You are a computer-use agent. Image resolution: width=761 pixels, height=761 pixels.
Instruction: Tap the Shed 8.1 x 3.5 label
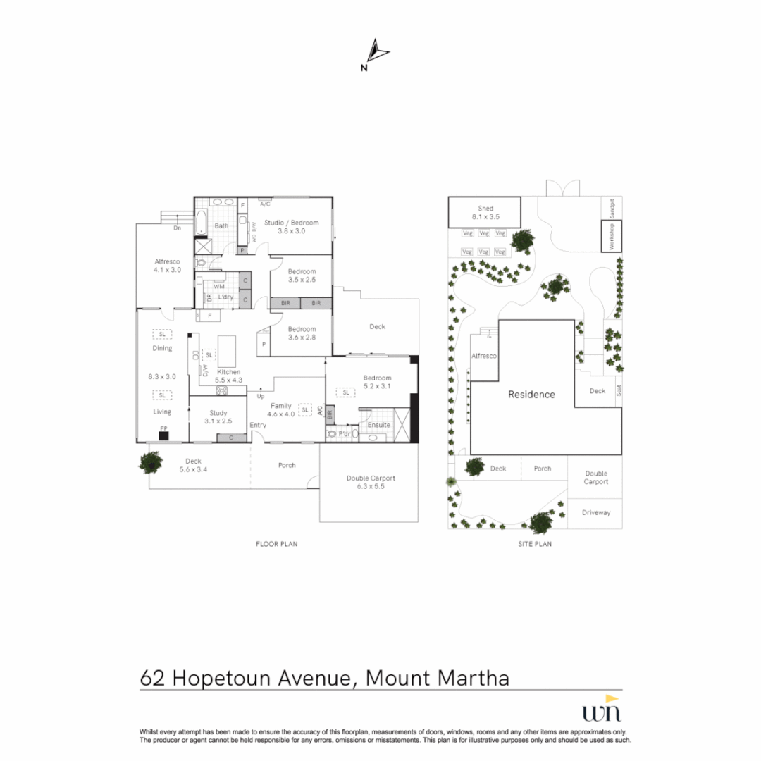[x=485, y=213]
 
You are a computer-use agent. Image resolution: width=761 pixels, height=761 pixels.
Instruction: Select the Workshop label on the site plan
[x=612, y=236]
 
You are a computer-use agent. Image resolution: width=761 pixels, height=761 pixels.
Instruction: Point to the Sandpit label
[x=612, y=207]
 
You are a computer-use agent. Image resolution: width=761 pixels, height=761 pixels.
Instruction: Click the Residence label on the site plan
[x=531, y=395]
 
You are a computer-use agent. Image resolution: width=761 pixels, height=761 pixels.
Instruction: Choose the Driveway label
[x=596, y=513]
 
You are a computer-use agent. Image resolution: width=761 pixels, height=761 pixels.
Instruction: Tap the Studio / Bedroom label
[x=291, y=226]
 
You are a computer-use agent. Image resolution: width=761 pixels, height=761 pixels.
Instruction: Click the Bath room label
[x=221, y=226]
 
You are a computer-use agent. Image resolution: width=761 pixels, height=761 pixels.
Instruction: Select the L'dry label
[x=225, y=297]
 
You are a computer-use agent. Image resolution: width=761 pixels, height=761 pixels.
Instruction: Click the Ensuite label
[x=378, y=425]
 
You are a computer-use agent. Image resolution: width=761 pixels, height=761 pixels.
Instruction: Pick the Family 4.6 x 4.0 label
[x=281, y=410]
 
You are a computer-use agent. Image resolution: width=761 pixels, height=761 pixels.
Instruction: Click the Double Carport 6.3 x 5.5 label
[x=371, y=482]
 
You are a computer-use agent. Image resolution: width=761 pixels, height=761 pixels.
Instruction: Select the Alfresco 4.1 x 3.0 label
[x=167, y=265]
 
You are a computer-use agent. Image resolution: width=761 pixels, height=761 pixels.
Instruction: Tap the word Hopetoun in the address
[x=261, y=679]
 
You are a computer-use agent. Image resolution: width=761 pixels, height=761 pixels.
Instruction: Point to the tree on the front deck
[x=151, y=462]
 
